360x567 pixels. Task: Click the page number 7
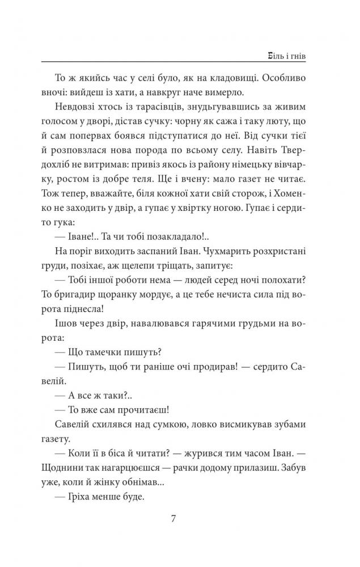click(180, 518)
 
